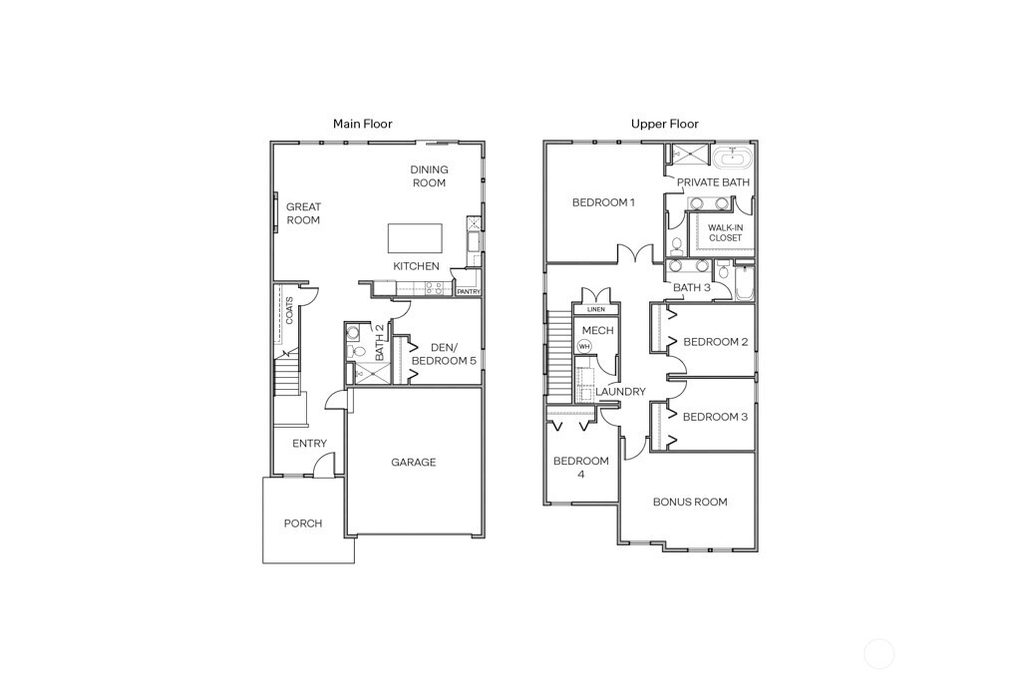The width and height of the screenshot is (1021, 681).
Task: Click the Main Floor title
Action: coord(363,124)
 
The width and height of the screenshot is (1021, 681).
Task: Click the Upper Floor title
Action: coord(665,124)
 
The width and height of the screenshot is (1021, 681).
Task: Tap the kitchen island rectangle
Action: coord(415,238)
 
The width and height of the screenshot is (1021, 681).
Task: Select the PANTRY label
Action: coord(469,292)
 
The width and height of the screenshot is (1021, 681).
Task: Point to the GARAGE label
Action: coord(414,463)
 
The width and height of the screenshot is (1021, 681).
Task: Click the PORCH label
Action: coord(303,523)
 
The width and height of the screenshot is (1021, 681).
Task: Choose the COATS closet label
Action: coord(289,310)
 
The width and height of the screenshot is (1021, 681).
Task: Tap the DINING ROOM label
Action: coord(429,176)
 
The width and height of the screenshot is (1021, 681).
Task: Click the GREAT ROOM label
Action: coord(303,213)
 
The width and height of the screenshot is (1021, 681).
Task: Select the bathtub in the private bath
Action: coord(733,158)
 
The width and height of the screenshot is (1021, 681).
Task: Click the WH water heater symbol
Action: coord(584,346)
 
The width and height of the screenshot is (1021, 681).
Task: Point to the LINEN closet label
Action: coord(596,309)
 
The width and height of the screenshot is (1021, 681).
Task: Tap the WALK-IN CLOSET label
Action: coord(726,233)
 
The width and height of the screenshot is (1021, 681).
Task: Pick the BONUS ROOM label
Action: coord(690,502)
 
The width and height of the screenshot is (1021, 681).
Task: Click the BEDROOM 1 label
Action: coord(603,202)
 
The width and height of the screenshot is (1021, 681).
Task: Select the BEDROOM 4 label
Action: coord(581,468)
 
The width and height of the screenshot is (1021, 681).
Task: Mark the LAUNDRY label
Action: coord(620,392)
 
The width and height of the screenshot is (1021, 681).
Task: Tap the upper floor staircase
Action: coord(559,356)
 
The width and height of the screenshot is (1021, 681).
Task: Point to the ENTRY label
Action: coord(309,444)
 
